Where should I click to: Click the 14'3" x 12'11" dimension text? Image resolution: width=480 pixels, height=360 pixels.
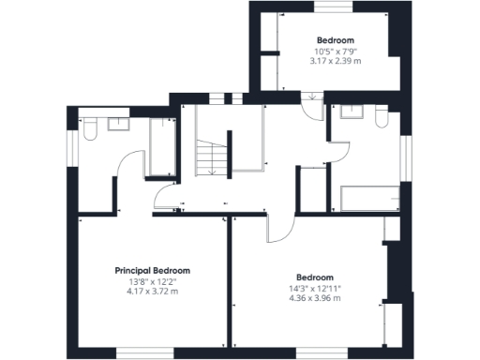tap(314, 289)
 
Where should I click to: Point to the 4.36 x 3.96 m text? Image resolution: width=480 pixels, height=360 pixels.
tap(314, 298)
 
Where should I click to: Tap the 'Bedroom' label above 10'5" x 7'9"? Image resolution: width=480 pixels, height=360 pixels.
tap(335, 40)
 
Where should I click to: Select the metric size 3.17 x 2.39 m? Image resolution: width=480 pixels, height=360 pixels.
tap(335, 60)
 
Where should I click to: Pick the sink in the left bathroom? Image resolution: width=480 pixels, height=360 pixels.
tap(119, 123)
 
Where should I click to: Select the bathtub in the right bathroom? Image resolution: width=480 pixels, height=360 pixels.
tap(369, 198)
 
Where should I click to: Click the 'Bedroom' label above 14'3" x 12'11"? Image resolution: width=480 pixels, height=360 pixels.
tap(314, 277)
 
